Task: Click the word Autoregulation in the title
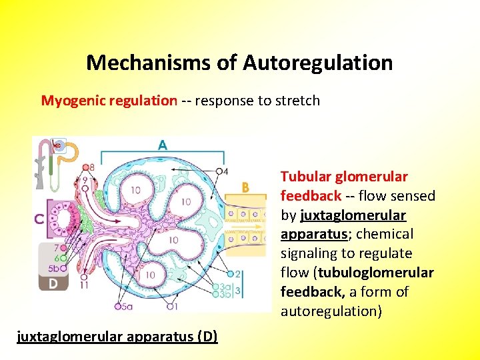click(x=317, y=63)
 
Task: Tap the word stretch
click(x=298, y=101)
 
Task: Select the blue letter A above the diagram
click(x=163, y=145)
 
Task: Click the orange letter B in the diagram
click(x=245, y=189)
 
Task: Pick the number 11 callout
click(x=84, y=285)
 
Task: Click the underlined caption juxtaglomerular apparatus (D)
click(x=117, y=335)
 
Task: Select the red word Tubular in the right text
click(x=303, y=177)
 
